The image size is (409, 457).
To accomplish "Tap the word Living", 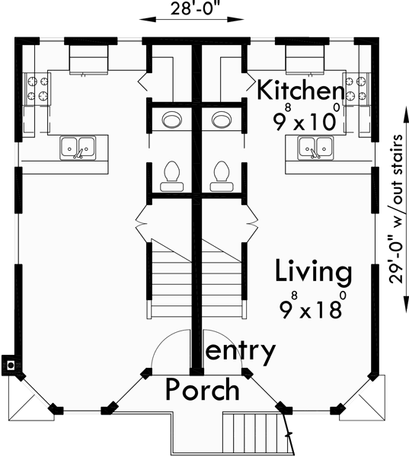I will (x=314, y=271).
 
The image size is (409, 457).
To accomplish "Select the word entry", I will (x=241, y=351).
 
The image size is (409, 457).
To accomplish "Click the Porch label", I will (x=203, y=390).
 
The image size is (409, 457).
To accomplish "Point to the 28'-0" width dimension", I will (x=192, y=10).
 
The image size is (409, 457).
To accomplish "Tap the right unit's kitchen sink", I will (x=315, y=146).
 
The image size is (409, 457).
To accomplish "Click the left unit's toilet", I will (x=171, y=174).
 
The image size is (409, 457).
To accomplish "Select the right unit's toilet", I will (x=222, y=174).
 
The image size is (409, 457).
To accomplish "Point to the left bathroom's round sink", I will (x=172, y=120).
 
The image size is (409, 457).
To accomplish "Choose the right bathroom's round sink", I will (x=222, y=120).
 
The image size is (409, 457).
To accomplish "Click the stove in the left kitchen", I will (x=35, y=87).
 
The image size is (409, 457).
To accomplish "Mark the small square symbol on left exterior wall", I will (x=11, y=365).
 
